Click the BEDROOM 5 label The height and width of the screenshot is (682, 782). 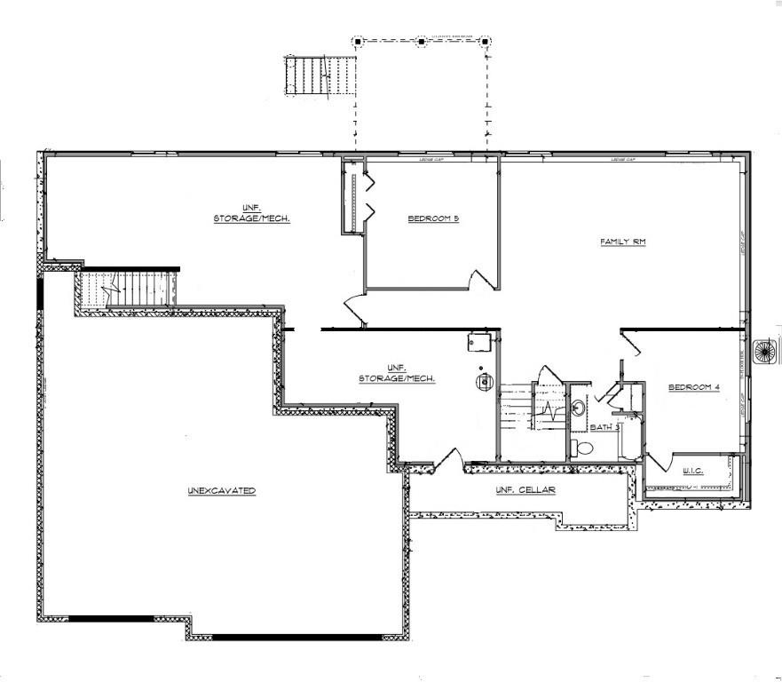(432, 218)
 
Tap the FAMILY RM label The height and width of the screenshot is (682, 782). (621, 242)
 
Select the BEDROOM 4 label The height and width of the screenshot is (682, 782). (693, 387)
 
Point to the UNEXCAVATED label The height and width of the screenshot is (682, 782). (221, 490)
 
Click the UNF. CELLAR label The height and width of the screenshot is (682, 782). (525, 490)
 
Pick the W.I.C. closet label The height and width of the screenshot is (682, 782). (692, 471)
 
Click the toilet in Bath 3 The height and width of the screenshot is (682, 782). (582, 448)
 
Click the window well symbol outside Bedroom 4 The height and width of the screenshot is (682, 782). (765, 350)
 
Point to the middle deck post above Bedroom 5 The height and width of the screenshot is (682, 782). (421, 41)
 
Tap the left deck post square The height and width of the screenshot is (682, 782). (357, 41)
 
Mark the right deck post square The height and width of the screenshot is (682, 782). (485, 41)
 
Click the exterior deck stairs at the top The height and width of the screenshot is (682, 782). (320, 75)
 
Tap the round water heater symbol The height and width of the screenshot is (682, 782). (485, 383)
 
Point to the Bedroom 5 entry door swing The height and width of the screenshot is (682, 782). (484, 279)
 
